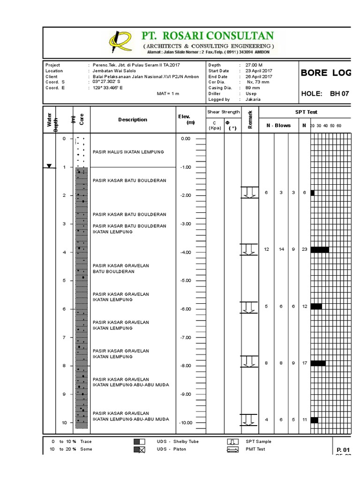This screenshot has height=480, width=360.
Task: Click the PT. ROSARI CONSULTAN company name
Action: coord(208,36)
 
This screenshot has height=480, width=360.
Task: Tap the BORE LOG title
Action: coord(325,74)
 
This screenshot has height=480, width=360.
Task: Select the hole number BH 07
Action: coord(340,94)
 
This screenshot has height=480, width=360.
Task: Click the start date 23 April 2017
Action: coord(259,71)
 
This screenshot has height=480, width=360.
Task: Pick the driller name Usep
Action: coord(252,94)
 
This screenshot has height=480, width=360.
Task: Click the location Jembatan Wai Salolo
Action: coord(113,71)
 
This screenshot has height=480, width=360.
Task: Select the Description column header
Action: coord(133,120)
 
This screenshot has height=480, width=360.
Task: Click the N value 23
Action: coord(304,249)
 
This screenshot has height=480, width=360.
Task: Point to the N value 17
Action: coord(304,363)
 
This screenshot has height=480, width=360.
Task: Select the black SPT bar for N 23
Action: coord(319,249)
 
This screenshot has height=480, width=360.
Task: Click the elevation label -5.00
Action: coord(186,280)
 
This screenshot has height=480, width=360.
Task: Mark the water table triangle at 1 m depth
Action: coord(49,166)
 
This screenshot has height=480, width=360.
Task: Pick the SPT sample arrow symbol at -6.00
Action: coord(249,307)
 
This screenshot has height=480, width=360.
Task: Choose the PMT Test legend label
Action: coord(255,449)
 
